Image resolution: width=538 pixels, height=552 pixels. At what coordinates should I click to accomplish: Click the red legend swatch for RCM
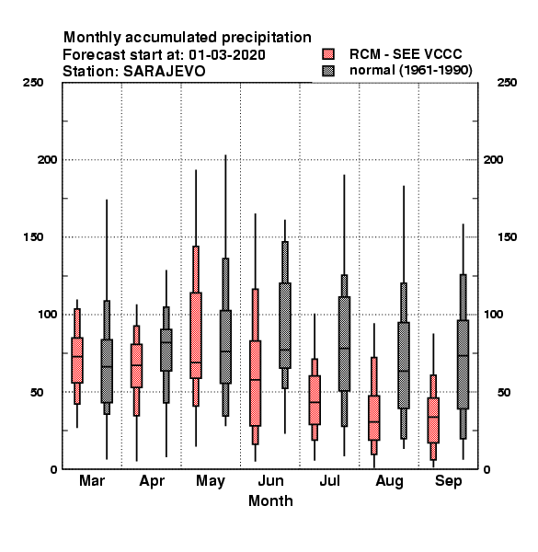328,54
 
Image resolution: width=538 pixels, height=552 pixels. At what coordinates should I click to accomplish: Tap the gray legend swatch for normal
328,71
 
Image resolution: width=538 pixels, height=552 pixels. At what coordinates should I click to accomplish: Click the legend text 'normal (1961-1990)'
410,71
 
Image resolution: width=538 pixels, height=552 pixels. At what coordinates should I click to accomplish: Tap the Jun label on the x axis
270,480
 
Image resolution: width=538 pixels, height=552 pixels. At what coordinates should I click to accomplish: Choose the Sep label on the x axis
448,481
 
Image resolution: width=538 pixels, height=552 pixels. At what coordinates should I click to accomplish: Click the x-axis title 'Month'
270,500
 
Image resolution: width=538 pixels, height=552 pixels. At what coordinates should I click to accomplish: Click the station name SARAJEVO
165,72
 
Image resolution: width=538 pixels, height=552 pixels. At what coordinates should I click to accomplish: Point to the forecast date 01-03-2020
227,55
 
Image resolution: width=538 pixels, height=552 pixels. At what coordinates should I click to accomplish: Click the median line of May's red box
196,362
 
